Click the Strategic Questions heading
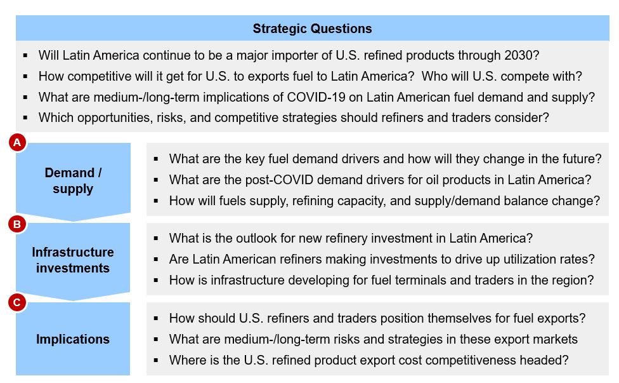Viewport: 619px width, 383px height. tap(312, 29)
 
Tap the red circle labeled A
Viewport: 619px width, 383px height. tap(17, 142)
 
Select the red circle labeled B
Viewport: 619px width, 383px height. tap(17, 224)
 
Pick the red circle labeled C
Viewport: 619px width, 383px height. tap(17, 303)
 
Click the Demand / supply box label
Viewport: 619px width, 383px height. tap(73, 180)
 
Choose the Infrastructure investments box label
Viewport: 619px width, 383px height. tap(73, 260)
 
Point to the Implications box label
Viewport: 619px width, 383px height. tap(73, 339)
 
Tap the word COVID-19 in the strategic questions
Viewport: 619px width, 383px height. tap(316, 97)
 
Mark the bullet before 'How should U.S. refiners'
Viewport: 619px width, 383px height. tap(156, 318)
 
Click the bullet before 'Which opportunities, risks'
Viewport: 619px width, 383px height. tap(25, 118)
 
